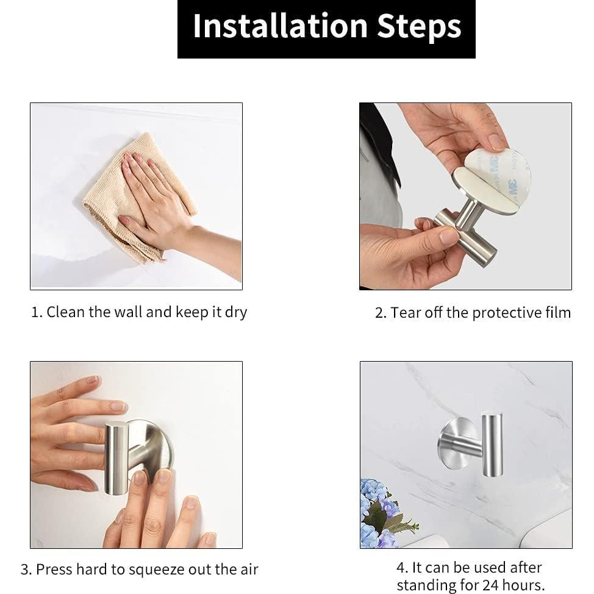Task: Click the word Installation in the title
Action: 281,26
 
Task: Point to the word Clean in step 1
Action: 65,312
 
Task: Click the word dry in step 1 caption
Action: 236,313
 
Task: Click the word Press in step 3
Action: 54,570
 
